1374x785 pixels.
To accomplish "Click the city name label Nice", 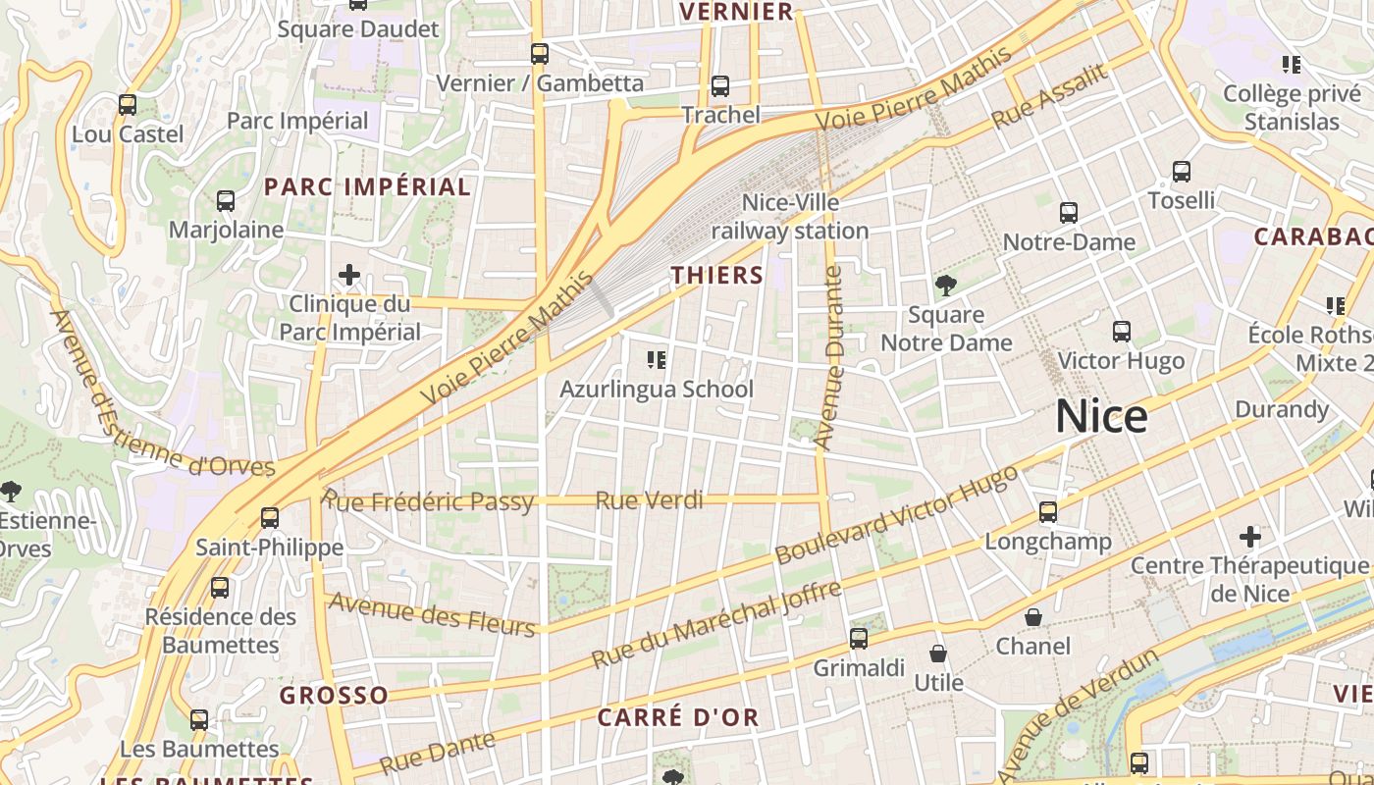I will click(x=1101, y=417).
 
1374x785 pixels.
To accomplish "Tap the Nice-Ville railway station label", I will click(x=790, y=217).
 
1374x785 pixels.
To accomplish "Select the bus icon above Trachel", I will click(x=720, y=86).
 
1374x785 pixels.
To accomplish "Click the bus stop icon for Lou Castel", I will click(x=128, y=105).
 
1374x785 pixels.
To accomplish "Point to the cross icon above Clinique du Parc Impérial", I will click(x=349, y=275).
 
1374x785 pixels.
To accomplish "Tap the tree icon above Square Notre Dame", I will click(x=946, y=286).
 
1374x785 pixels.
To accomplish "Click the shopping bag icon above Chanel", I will click(x=1033, y=617).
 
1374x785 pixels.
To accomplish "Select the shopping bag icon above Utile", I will click(x=938, y=654).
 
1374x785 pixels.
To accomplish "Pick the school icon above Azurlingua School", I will click(x=657, y=360).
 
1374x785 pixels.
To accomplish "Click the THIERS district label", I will click(x=717, y=276).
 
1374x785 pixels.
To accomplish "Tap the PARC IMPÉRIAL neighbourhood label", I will click(x=367, y=186).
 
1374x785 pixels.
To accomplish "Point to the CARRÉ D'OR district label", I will click(x=678, y=717).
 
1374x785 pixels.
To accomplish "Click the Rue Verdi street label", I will click(x=650, y=500).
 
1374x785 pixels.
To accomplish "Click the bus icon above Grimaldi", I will click(x=859, y=639).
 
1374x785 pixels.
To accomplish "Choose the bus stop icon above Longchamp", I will click(x=1048, y=512).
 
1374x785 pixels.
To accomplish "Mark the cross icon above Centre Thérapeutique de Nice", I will click(x=1249, y=537).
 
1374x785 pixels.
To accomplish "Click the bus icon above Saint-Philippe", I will click(x=270, y=518).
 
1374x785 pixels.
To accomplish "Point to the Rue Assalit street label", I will click(x=1049, y=96).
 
